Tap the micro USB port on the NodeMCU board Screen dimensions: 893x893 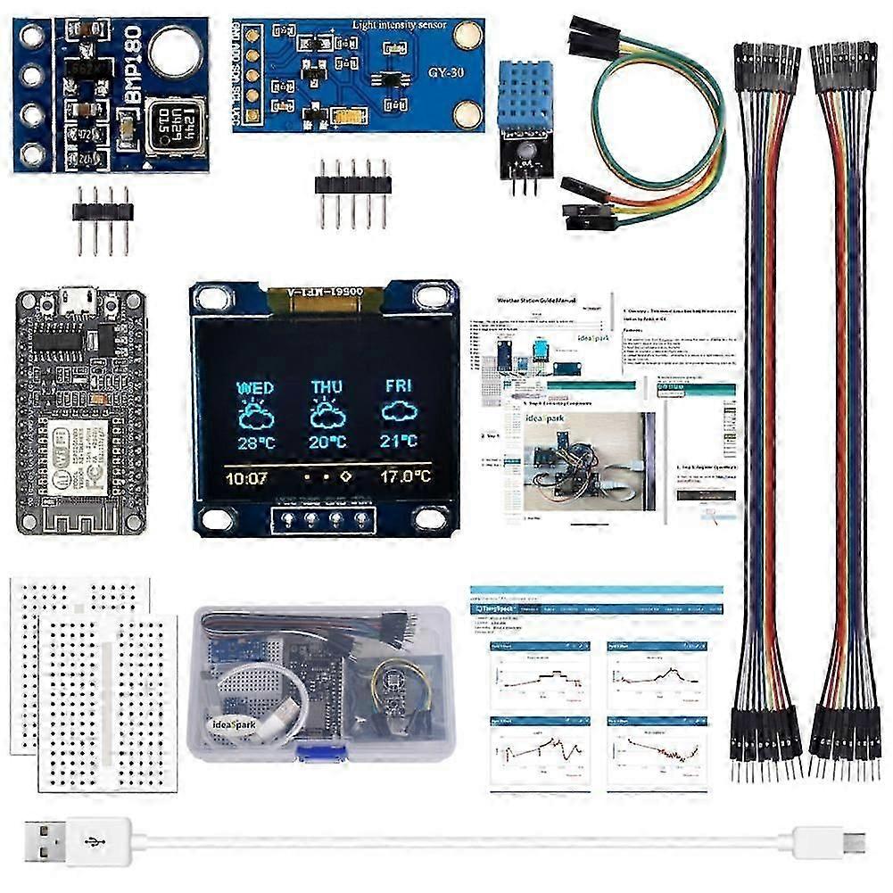coord(80,299)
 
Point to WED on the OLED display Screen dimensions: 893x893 coord(255,388)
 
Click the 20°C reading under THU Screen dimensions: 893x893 coord(327,441)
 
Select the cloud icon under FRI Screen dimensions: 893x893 coord(399,411)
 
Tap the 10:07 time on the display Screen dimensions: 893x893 coord(247,477)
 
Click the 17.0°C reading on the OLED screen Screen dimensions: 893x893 coord(404,476)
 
